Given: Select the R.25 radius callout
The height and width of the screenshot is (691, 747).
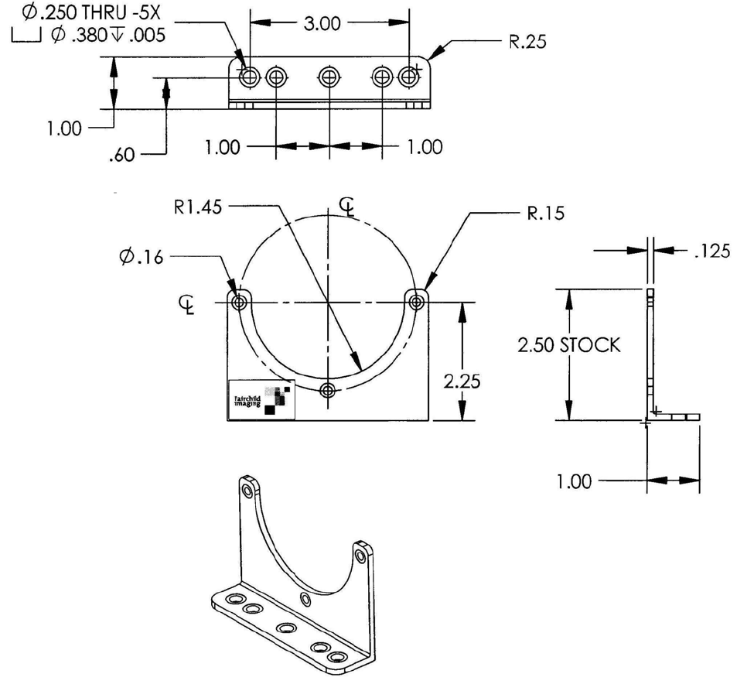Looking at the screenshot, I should coord(527,43).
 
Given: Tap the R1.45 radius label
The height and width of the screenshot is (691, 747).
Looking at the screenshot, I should coord(200,207).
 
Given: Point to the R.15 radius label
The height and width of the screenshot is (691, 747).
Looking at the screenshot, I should coord(545,214).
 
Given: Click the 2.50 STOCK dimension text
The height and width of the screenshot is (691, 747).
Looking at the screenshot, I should coord(568,345).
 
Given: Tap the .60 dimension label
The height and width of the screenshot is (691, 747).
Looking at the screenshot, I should coord(122,155).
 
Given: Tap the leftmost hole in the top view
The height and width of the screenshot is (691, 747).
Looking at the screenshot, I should coord(249,77).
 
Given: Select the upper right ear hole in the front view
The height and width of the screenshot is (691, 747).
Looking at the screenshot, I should coord(418,301).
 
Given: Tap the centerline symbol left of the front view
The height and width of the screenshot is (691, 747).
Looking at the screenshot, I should coord(185,303).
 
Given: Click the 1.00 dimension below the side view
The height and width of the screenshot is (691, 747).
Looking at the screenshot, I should coord(575,481).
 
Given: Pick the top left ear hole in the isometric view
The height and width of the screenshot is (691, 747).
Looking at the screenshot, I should coord(247,491).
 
